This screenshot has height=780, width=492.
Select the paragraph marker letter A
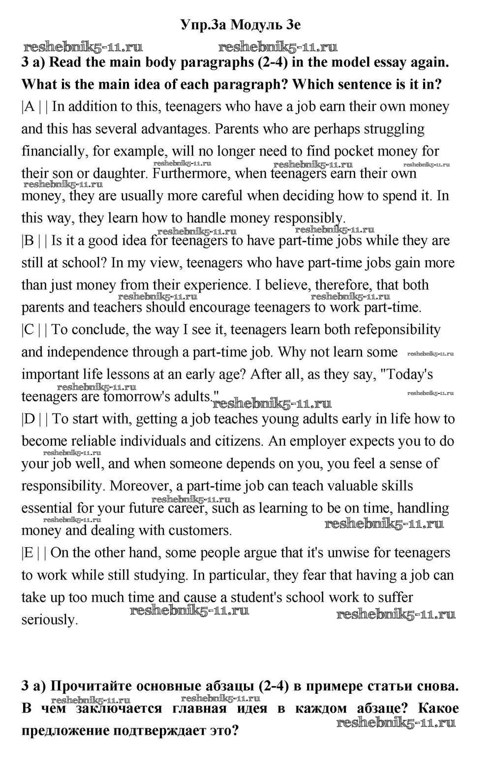click(x=30, y=107)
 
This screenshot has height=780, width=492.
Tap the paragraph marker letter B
click(x=30, y=241)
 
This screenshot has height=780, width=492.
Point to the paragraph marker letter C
click(x=30, y=330)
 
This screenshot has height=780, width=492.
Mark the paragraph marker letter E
click(x=29, y=553)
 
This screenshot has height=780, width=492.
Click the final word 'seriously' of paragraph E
click(x=50, y=620)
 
